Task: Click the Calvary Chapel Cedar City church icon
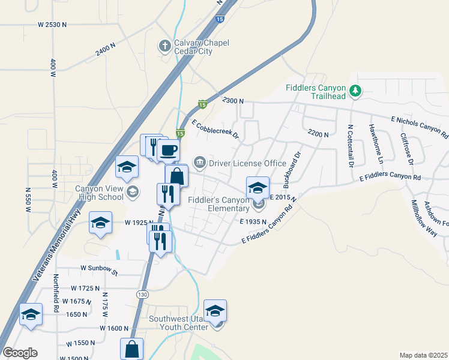click(x=164, y=46)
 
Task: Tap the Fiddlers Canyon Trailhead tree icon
click(x=356, y=91)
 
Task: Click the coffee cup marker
click(x=169, y=150)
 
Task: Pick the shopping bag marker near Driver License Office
click(x=176, y=176)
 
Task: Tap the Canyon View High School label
click(x=99, y=192)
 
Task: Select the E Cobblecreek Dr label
click(x=215, y=129)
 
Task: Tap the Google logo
click(x=20, y=353)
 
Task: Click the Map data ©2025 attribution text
click(x=423, y=355)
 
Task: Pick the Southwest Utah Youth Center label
click(x=178, y=323)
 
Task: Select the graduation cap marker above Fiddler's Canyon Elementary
click(x=258, y=188)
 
